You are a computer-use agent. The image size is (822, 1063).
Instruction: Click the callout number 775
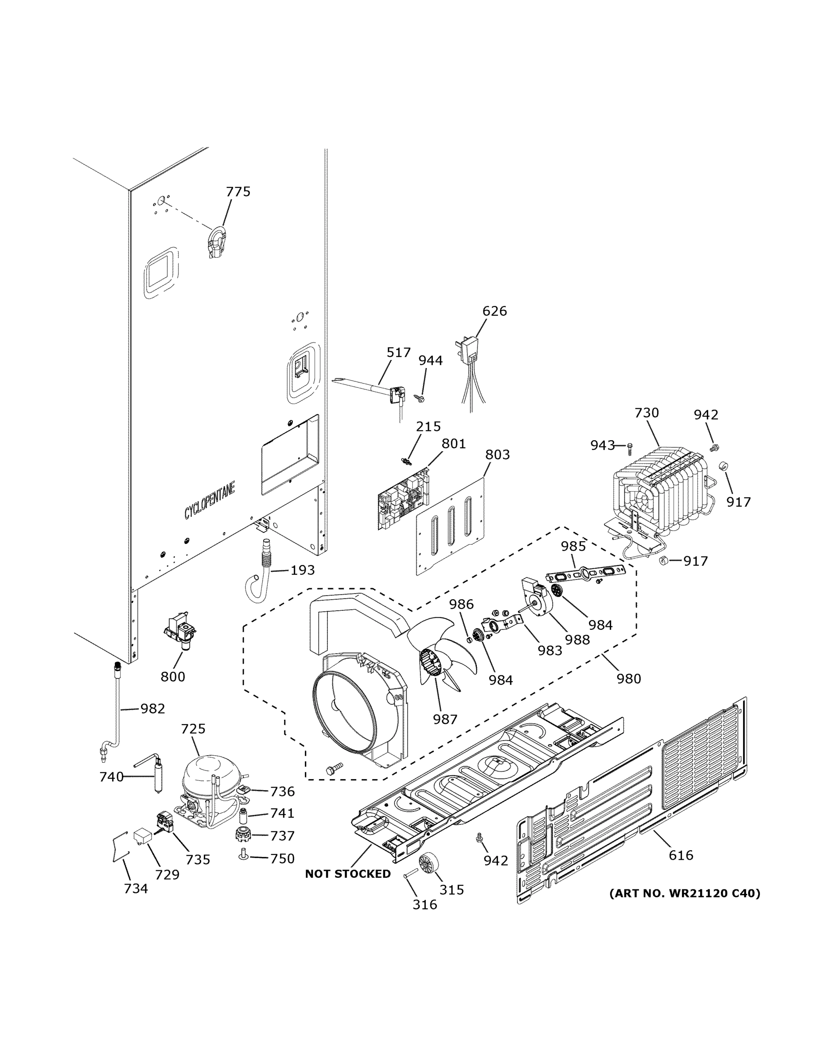tap(238, 192)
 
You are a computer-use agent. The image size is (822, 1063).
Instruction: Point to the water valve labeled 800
tap(181, 631)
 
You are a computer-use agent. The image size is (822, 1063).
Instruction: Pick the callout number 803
tap(497, 454)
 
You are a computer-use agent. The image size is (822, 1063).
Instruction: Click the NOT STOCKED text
tap(348, 874)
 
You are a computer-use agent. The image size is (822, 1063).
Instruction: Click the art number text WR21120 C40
tap(685, 893)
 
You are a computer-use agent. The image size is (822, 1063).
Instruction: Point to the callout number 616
tap(681, 855)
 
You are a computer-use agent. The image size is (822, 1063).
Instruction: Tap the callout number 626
tap(494, 311)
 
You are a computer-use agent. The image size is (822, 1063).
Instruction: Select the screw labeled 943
tap(629, 445)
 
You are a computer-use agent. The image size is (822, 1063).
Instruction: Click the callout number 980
tap(629, 679)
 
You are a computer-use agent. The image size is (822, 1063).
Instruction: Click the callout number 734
tap(136, 889)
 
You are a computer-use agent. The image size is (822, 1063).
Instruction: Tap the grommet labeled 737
tap(242, 835)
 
